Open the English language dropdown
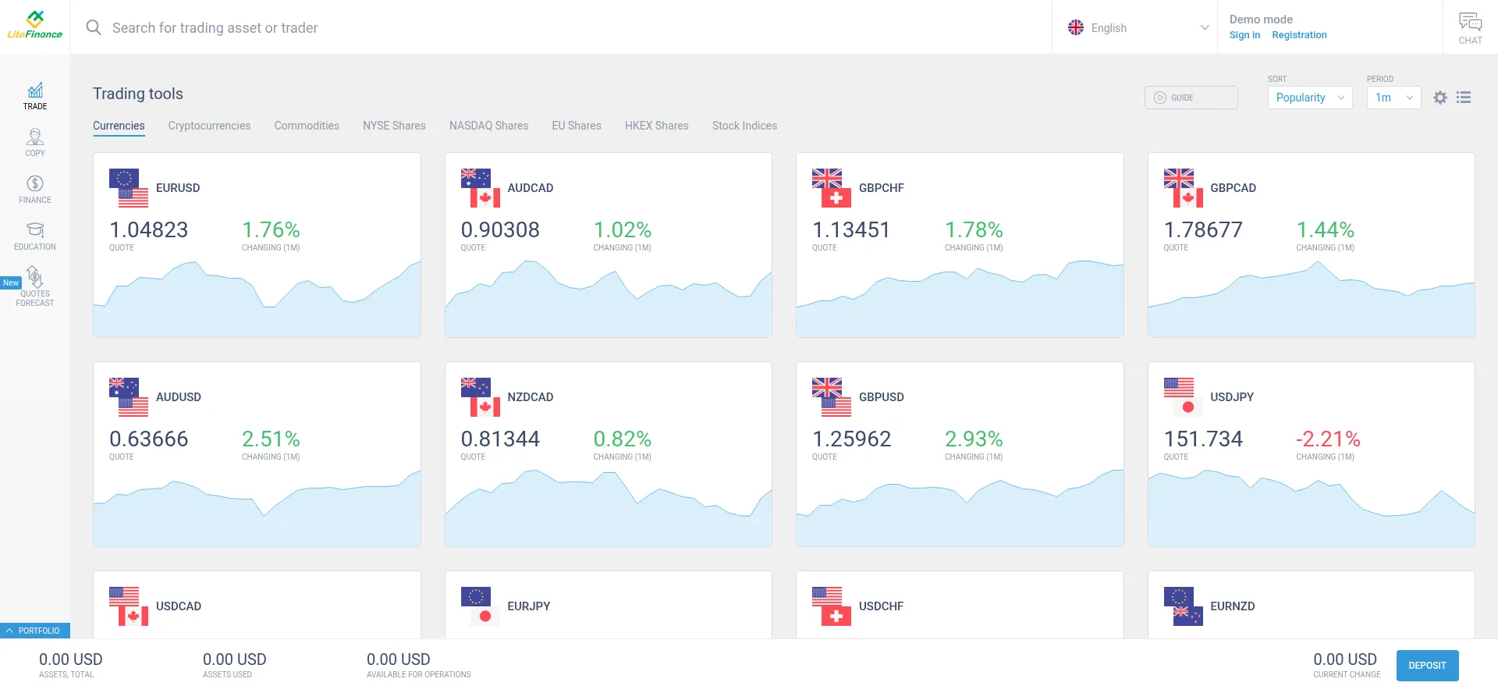[x=1135, y=28]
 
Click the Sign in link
[x=1244, y=35]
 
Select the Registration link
[x=1299, y=35]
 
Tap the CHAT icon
[x=1470, y=28]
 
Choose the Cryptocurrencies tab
[x=209, y=126]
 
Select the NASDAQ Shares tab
[x=488, y=126]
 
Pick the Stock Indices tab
[x=744, y=126]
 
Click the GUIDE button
[x=1191, y=98]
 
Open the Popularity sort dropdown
[x=1309, y=98]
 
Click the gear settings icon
[x=1440, y=98]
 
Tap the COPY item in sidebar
[x=35, y=143]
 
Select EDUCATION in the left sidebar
[x=35, y=236]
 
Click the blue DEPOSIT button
[x=1427, y=666]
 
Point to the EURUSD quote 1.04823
[x=149, y=230]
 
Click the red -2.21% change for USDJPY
[x=1328, y=439]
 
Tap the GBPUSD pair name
[x=881, y=397]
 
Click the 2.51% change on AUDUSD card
[x=271, y=439]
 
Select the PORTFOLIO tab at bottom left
[x=35, y=631]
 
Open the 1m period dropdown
[x=1393, y=98]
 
